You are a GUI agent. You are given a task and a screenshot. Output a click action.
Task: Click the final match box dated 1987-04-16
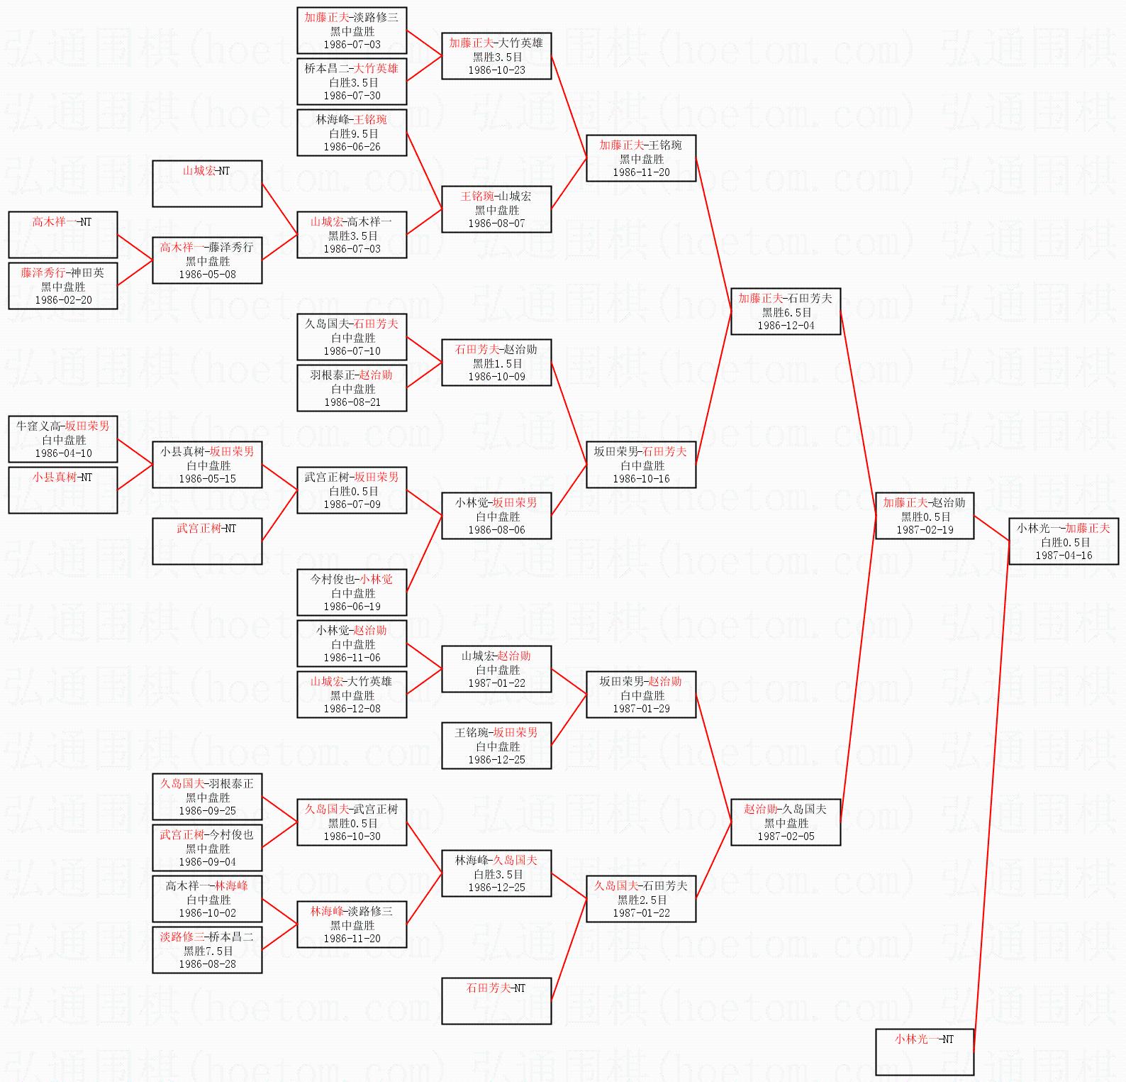pyautogui.click(x=1064, y=541)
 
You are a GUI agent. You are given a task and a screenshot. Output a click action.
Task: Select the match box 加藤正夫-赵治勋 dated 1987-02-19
pyautogui.click(x=925, y=516)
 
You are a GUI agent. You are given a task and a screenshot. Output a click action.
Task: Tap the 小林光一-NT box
pyautogui.click(x=925, y=1052)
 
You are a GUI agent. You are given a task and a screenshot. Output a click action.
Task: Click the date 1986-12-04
pyautogui.click(x=786, y=326)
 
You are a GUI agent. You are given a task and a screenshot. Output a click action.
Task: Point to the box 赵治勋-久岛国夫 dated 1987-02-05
pyautogui.click(x=786, y=822)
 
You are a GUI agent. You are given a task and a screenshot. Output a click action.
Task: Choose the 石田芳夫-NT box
pyautogui.click(x=496, y=1001)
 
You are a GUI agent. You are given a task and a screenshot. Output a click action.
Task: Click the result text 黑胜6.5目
pyautogui.click(x=786, y=312)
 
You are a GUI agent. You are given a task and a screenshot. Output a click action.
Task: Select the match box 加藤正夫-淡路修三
pyautogui.click(x=352, y=31)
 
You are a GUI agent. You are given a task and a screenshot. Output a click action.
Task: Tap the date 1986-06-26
pyautogui.click(x=352, y=147)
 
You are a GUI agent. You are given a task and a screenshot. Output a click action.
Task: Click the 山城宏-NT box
pyautogui.click(x=207, y=184)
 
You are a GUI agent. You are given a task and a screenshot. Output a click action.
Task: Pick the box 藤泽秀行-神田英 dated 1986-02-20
pyautogui.click(x=63, y=286)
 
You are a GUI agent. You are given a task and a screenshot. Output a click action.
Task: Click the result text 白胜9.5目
pyautogui.click(x=352, y=133)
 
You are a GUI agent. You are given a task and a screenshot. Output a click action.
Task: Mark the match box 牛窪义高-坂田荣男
pyautogui.click(x=63, y=439)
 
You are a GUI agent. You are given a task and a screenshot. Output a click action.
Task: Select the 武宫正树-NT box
pyautogui.click(x=207, y=541)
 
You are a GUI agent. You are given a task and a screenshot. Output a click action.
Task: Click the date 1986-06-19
pyautogui.click(x=352, y=607)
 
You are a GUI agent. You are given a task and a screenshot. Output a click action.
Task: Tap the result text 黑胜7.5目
pyautogui.click(x=207, y=951)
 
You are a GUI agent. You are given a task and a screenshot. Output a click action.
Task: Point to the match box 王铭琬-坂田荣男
pyautogui.click(x=496, y=746)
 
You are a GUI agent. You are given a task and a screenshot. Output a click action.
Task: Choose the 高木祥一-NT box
pyautogui.click(x=63, y=235)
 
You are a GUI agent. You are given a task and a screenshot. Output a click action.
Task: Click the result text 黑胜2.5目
pyautogui.click(x=641, y=900)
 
